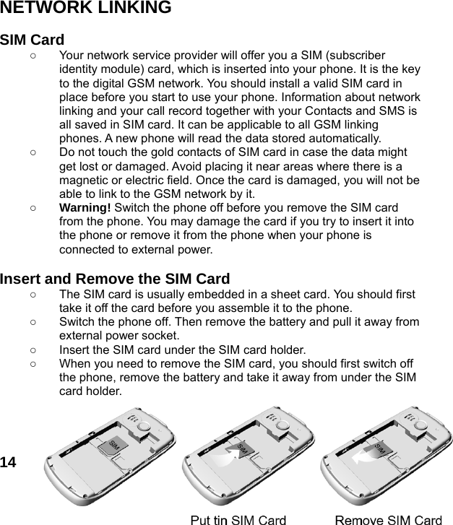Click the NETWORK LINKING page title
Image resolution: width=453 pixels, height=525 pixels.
(x=86, y=9)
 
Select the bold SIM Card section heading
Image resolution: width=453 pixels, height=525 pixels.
(x=33, y=40)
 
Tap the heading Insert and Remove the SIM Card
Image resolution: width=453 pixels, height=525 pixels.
(x=116, y=279)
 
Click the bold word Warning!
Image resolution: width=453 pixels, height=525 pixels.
(x=82, y=206)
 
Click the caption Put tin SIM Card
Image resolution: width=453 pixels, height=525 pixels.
(x=238, y=519)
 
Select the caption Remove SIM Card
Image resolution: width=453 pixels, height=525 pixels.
(x=389, y=519)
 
